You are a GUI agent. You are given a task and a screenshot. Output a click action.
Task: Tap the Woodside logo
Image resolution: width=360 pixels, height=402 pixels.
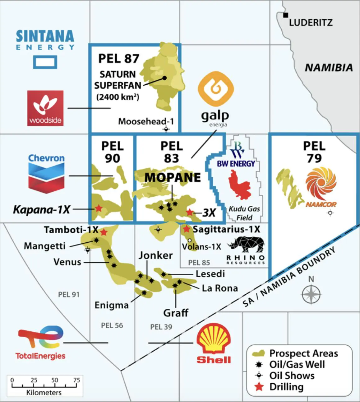point(45,108)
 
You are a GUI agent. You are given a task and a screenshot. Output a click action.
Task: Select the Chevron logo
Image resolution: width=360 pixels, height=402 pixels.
point(46,174)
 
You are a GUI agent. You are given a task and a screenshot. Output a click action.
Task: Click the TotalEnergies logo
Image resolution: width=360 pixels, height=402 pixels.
point(41,342)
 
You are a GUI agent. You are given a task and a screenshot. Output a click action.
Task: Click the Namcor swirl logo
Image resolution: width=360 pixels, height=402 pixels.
point(321,184)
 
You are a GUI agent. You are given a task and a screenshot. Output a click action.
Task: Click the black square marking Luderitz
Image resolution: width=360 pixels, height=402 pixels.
point(285,15)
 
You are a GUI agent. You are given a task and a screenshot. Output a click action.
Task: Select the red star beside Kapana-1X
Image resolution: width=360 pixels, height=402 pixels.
point(99,208)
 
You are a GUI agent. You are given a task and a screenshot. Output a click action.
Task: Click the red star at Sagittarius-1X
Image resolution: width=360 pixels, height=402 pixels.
point(186,229)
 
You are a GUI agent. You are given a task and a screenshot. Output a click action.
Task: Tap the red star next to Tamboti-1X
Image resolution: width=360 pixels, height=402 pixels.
point(104,232)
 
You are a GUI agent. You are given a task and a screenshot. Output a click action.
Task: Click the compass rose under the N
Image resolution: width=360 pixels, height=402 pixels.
point(311,294)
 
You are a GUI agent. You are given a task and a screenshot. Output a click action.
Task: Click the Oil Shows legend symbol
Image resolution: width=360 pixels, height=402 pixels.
point(259,376)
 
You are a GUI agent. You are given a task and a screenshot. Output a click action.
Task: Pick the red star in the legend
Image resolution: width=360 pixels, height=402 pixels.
point(259,387)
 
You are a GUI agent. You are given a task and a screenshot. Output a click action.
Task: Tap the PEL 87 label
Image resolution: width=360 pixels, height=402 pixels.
point(118,58)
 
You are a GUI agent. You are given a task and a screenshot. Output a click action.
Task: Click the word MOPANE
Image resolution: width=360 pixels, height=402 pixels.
point(173,178)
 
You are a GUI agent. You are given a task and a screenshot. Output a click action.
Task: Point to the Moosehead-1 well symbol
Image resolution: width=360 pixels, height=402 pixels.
point(166,129)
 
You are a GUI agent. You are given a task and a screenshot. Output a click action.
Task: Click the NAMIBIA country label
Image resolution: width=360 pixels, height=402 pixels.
point(329,68)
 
